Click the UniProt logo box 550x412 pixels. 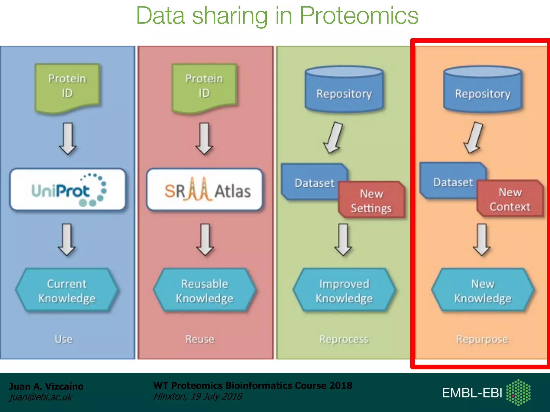click(x=68, y=190)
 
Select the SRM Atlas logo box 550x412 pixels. click(x=205, y=190)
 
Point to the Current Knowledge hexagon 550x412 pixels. click(x=67, y=290)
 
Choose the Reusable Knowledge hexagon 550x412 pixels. click(x=205, y=290)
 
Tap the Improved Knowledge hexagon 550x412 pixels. click(x=344, y=290)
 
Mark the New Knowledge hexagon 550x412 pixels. click(x=483, y=290)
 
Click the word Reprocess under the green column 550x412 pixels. click(x=344, y=339)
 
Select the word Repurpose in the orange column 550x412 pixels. click(x=482, y=339)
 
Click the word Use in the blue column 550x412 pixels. click(x=64, y=339)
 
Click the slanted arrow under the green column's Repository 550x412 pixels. click(x=334, y=138)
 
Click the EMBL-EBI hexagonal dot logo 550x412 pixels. click(x=518, y=392)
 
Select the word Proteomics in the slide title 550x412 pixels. click(x=359, y=16)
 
